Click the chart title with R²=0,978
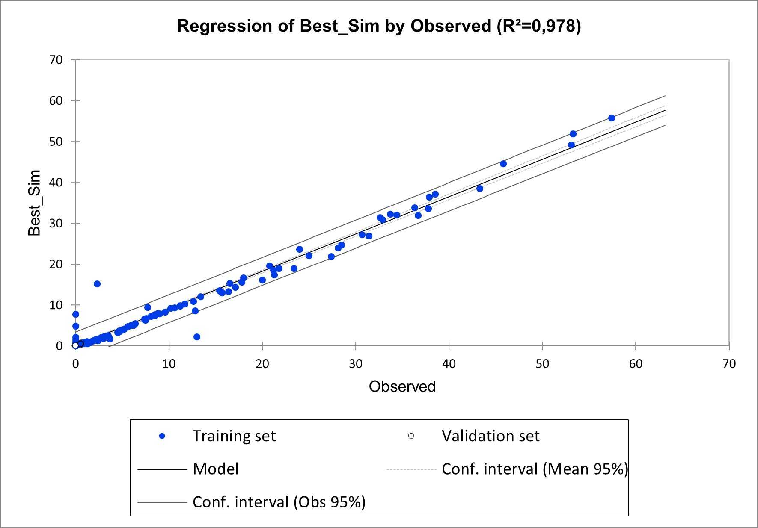pyautogui.click(x=379, y=26)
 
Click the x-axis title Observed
pyautogui.click(x=402, y=386)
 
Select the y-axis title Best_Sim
pyautogui.click(x=34, y=203)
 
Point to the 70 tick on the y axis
pyautogui.click(x=56, y=60)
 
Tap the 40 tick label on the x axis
pyautogui.click(x=449, y=364)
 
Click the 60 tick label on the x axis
pyautogui.click(x=636, y=364)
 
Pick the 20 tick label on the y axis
pyautogui.click(x=56, y=264)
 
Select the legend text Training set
pyautogui.click(x=234, y=436)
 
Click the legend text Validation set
pyautogui.click(x=490, y=436)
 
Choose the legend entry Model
pyautogui.click(x=215, y=469)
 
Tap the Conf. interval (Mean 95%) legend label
pyautogui.click(x=535, y=469)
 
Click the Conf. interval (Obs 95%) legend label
pyautogui.click(x=279, y=502)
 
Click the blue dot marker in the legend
pyautogui.click(x=162, y=436)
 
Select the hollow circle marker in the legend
pyautogui.click(x=411, y=436)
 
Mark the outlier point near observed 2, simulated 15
pyautogui.click(x=97, y=284)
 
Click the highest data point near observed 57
pyautogui.click(x=612, y=118)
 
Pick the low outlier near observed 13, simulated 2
pyautogui.click(x=197, y=337)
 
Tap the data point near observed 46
pyautogui.click(x=503, y=164)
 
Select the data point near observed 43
pyautogui.click(x=480, y=189)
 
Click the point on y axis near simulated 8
pyautogui.click(x=76, y=314)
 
